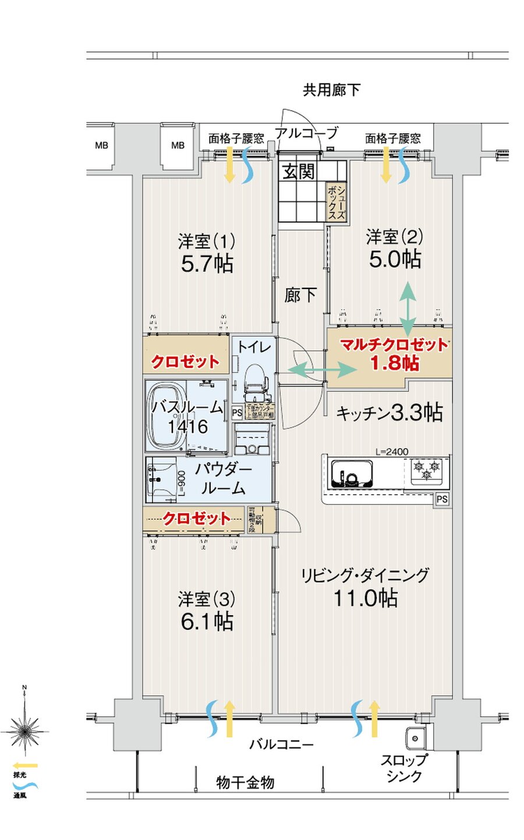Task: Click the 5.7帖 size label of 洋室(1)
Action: pos(207,264)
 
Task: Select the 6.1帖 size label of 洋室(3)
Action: pos(207,622)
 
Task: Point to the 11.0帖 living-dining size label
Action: pos(365,598)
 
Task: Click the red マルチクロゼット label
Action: pos(394,345)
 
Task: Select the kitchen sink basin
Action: pos(352,474)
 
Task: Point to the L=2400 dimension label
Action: pos(391,451)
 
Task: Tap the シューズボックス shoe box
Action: pos(336,202)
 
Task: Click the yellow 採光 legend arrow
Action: pos(25,765)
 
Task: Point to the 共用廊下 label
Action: pos(331,90)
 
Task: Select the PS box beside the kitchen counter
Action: pos(442,499)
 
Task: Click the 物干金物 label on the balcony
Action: pos(245,782)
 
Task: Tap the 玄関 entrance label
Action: pos(299,171)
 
